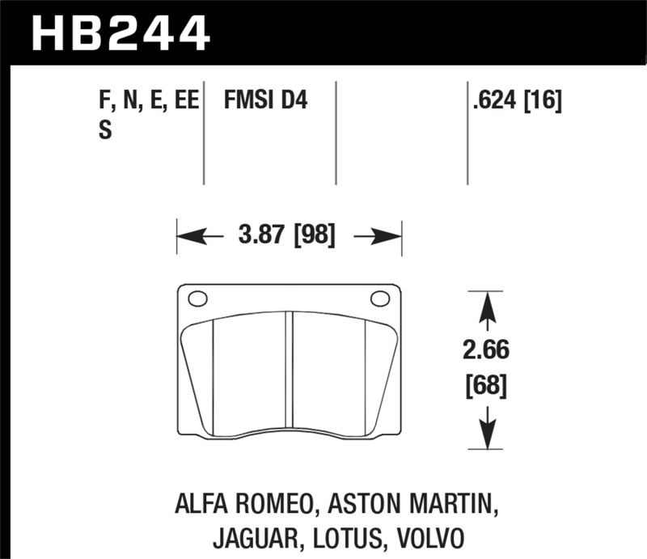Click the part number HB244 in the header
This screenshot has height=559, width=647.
click(x=120, y=33)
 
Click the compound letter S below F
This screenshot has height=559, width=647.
click(x=104, y=130)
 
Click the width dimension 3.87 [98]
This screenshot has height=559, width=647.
click(x=289, y=237)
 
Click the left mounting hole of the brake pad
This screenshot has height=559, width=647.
click(x=197, y=299)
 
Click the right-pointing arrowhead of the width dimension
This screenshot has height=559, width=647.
click(x=392, y=237)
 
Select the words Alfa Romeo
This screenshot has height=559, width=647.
click(x=239, y=506)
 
